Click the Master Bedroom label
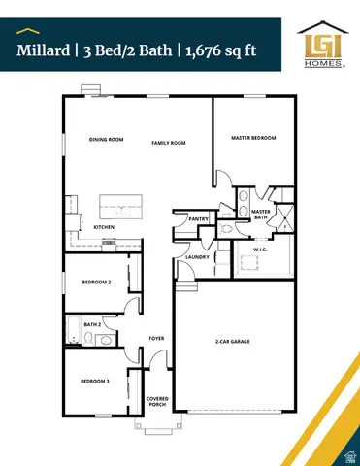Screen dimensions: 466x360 point(253,139)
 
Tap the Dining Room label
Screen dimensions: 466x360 point(107,140)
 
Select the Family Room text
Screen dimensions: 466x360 point(168,143)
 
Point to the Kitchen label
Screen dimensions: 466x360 point(104,227)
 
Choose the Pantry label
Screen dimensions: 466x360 point(199,220)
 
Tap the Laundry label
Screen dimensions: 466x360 point(197,257)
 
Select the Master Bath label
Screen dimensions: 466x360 point(260,215)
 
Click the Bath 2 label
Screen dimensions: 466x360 point(92,324)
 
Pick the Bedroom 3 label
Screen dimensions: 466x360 point(94,382)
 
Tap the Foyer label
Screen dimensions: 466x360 point(155,339)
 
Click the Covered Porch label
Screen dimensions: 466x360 point(157,401)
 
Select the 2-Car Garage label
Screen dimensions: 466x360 point(233,342)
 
